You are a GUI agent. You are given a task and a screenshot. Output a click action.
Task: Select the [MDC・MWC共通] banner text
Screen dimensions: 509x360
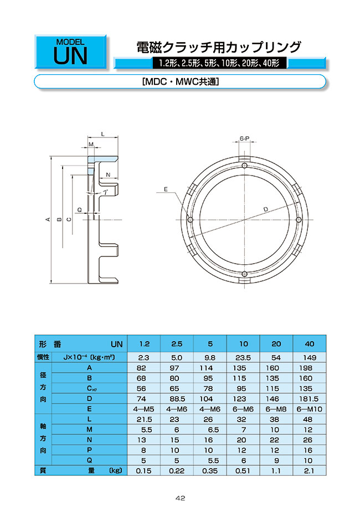(x=181, y=82)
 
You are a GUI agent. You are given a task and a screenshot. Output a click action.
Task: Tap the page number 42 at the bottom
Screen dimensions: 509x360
(x=180, y=498)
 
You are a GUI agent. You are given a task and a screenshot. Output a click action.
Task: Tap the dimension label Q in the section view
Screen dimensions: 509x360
(x=80, y=210)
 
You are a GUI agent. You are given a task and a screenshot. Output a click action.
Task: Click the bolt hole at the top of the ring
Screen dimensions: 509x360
(x=244, y=166)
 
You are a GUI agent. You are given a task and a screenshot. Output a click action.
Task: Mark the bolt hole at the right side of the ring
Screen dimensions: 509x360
(x=299, y=220)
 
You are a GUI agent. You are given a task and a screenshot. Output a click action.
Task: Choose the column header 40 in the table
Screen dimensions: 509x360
(x=310, y=344)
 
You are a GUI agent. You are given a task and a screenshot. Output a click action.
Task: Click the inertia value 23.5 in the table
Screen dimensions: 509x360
(x=243, y=358)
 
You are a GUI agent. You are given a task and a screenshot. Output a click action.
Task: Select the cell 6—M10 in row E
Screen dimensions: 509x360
(x=310, y=409)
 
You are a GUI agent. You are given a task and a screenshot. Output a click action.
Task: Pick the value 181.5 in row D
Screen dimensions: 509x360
(x=310, y=399)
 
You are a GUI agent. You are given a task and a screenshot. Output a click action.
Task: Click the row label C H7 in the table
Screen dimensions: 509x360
(x=89, y=388)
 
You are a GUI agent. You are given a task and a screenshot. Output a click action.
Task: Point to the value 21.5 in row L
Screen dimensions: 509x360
(x=143, y=419)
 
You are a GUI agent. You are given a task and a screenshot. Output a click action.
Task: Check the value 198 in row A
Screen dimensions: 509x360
(x=310, y=368)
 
